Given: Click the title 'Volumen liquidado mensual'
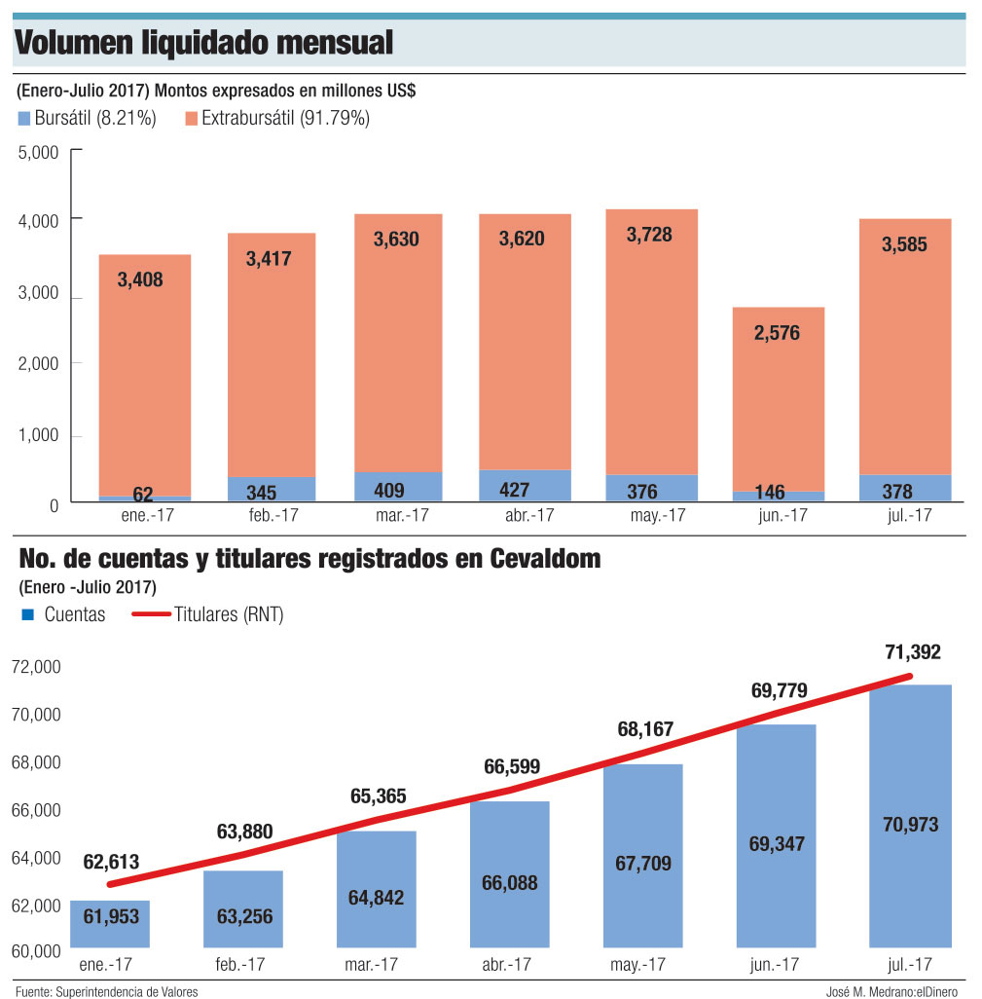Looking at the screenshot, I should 204,43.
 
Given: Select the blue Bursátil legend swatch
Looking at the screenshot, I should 24,119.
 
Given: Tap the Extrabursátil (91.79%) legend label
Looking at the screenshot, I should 285,119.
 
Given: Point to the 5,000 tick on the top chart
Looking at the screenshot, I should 39,152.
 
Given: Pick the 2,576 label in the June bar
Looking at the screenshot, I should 777,333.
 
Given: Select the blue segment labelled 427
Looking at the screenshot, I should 526,486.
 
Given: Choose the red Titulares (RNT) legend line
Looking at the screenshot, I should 151,614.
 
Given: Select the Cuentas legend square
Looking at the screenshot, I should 27,614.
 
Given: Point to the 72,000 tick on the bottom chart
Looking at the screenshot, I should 36,667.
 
